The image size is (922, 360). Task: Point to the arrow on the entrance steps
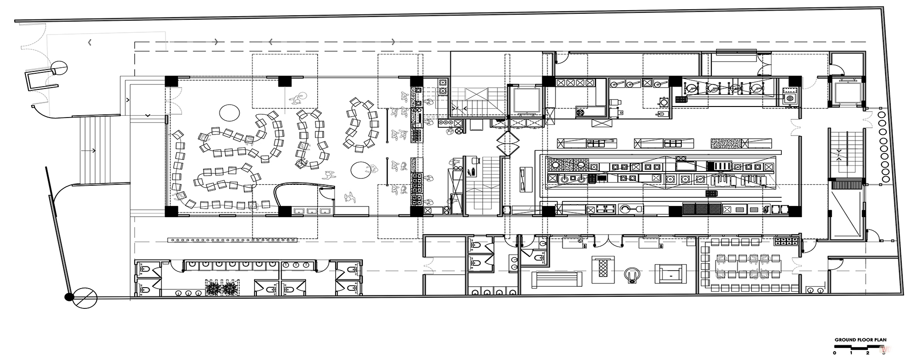(89, 150)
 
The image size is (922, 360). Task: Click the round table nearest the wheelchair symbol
(229, 112)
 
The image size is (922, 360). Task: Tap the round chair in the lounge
(632, 276)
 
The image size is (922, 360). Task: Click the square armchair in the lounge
(670, 275)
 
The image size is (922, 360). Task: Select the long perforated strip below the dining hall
(232, 239)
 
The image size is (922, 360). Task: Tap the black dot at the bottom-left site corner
(69, 297)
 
